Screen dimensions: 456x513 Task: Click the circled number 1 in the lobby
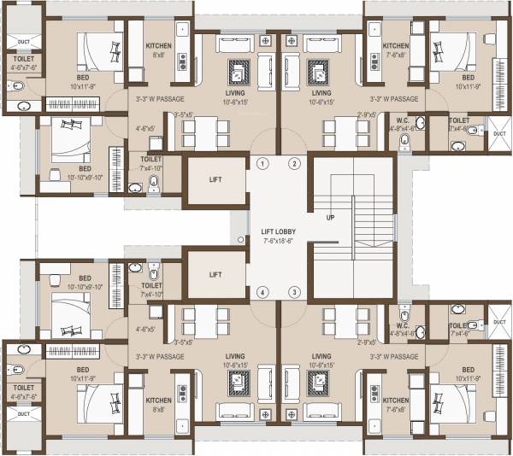coord(262,163)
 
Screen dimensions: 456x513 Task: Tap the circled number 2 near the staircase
coord(294,163)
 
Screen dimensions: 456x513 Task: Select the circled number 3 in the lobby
coord(294,293)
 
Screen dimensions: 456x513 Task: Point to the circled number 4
coord(262,293)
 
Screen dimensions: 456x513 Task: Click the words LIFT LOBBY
coord(278,231)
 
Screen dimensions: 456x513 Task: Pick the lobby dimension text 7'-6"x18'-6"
coord(278,241)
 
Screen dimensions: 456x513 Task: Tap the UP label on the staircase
coord(330,218)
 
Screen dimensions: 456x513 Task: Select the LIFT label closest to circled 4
coord(215,275)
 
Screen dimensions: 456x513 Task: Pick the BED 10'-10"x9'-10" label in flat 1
coord(85,172)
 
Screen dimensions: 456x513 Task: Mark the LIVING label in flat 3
coord(321,356)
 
